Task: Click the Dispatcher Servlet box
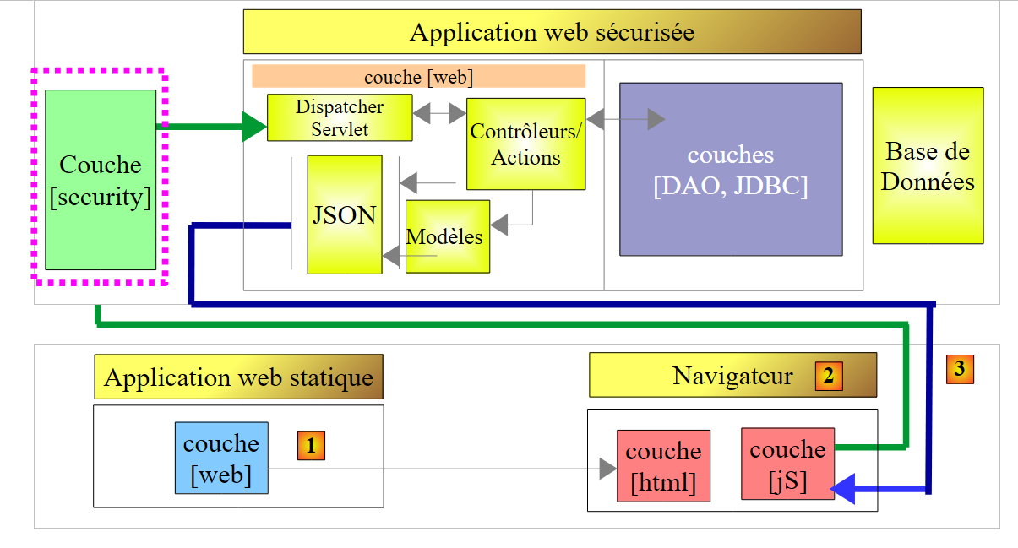340,117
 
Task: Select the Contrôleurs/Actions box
525,144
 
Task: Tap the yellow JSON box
344,214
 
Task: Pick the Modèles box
447,236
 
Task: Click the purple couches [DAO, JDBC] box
731,169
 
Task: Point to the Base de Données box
928,165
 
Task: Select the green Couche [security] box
101,180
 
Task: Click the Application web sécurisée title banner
552,32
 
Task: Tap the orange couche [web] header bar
418,77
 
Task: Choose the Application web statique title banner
238,377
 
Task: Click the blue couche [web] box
220,458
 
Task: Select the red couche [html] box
663,466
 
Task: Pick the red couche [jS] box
787,464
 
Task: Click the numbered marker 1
311,446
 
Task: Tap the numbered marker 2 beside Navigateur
829,376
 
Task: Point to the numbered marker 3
960,369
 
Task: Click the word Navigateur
732,376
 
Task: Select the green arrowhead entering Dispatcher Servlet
254,128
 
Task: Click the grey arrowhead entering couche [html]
607,469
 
